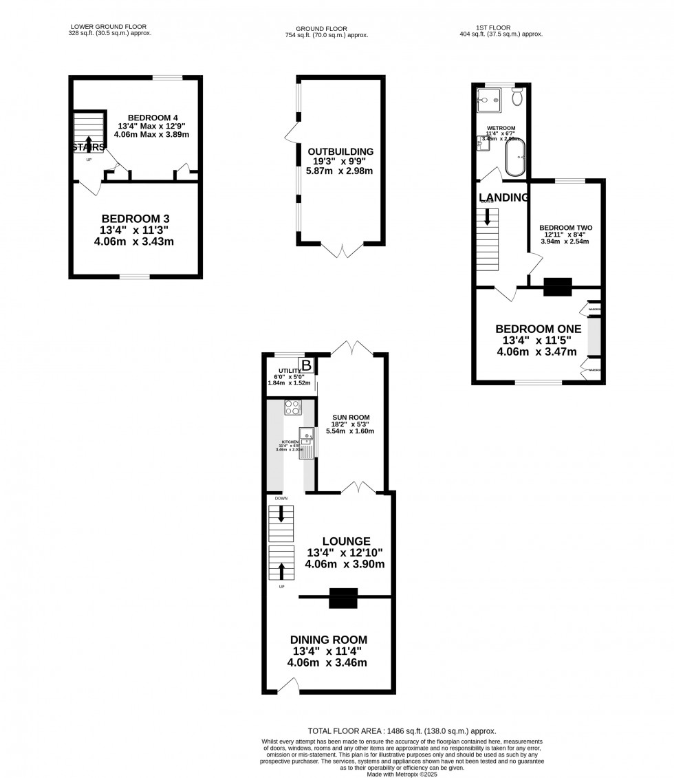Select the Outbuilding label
340,151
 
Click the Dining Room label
328,639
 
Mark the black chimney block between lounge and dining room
343,598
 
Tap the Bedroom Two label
565,227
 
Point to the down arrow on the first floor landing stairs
488,217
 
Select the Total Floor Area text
402,731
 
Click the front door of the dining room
287,687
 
